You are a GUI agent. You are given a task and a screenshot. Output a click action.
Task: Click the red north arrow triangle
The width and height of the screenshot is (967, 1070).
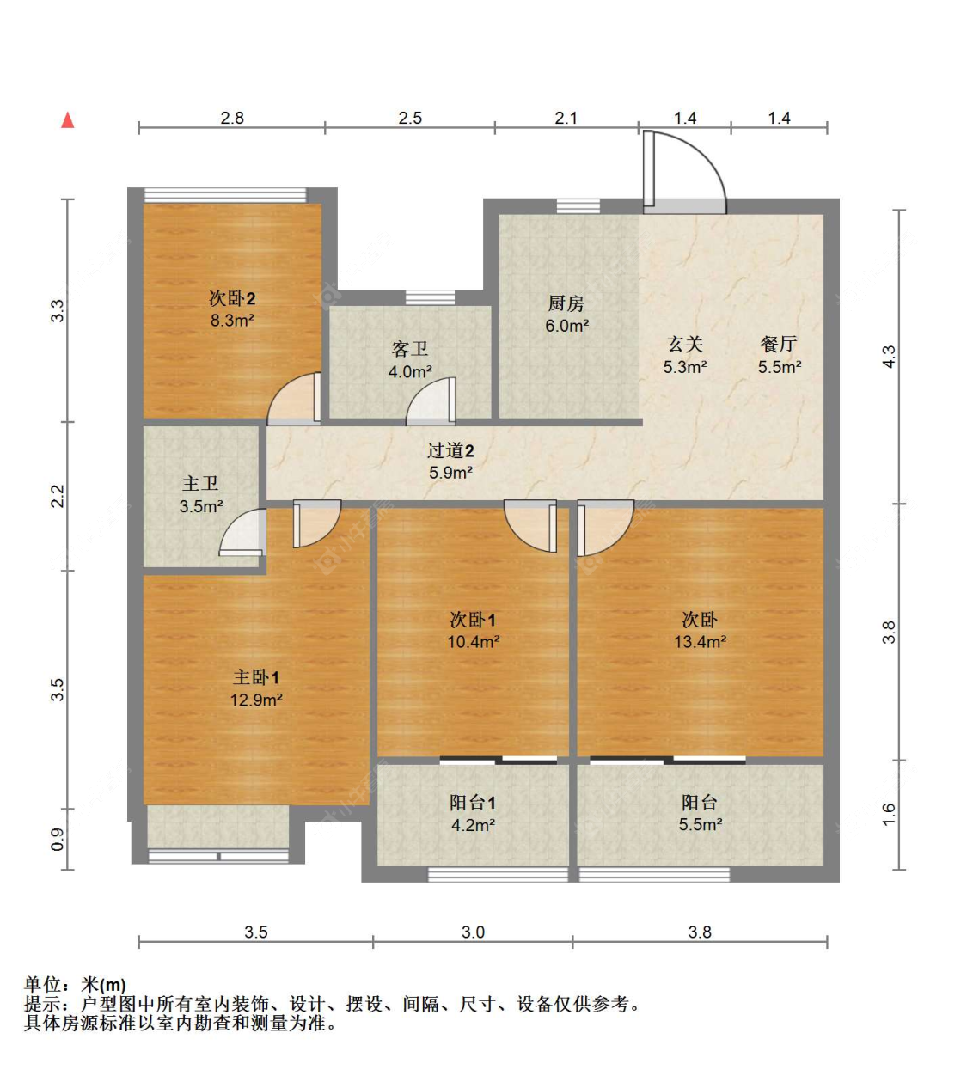click(67, 120)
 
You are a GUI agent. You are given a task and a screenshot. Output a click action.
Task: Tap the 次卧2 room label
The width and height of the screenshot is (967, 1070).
click(232, 298)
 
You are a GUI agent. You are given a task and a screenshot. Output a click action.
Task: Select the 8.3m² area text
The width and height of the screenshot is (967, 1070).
click(232, 321)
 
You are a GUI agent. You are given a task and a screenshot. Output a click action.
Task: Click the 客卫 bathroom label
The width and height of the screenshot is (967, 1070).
click(410, 349)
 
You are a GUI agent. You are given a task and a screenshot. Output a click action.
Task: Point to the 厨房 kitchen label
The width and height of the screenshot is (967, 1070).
click(566, 303)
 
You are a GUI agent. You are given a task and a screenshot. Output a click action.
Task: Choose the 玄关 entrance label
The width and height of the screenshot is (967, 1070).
click(685, 344)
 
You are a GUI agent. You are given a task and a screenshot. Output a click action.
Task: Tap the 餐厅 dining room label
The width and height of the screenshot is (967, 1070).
click(780, 344)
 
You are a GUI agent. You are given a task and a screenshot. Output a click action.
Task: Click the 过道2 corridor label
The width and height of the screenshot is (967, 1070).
click(450, 450)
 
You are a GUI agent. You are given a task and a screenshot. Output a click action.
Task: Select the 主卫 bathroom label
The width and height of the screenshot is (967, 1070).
click(200, 484)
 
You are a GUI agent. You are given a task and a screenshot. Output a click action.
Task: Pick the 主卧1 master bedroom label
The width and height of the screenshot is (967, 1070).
click(256, 677)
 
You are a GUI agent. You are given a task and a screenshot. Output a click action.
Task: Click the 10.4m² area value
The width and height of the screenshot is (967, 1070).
click(473, 642)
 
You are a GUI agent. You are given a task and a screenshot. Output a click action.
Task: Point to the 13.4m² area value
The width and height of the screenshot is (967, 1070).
click(700, 642)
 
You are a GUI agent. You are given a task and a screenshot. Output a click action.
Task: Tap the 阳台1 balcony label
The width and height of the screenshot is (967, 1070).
click(473, 803)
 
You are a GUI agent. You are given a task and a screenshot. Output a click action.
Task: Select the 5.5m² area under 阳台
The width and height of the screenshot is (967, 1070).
click(700, 825)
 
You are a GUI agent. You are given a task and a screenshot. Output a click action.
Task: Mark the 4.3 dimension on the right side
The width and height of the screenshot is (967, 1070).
click(890, 356)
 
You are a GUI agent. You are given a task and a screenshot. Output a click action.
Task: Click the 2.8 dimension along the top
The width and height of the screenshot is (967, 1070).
click(232, 118)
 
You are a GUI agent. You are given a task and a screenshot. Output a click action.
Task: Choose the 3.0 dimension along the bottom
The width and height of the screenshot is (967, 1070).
click(473, 932)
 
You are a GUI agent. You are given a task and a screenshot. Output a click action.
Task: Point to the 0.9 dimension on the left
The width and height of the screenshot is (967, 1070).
click(58, 839)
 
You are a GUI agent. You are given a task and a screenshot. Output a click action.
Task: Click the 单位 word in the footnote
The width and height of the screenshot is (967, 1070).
click(43, 985)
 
